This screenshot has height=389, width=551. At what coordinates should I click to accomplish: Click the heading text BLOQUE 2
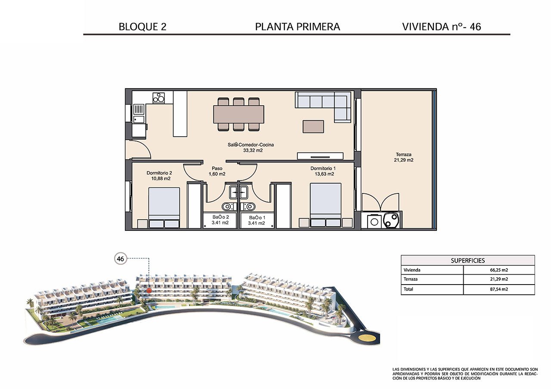142,27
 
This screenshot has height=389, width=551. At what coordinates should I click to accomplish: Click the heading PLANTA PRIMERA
297,27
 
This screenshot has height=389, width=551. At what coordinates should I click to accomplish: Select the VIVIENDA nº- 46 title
441,27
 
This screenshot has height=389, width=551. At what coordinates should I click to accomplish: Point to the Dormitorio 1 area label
323,171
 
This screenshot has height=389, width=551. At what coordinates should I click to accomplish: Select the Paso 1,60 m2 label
217,171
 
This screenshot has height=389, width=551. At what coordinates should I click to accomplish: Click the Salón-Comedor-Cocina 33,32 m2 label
251,147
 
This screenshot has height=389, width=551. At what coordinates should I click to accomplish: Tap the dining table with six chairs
238,114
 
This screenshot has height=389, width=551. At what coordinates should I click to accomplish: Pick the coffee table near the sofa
313,126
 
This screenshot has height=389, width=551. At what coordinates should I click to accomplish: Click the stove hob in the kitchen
158,98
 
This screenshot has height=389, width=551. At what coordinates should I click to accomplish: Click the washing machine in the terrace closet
374,221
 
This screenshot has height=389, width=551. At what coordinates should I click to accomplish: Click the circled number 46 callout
121,259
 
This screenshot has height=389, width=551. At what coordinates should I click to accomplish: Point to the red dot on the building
149,291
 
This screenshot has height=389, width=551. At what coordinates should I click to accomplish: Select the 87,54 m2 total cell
498,289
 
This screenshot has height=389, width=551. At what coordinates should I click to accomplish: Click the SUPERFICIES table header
467,260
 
